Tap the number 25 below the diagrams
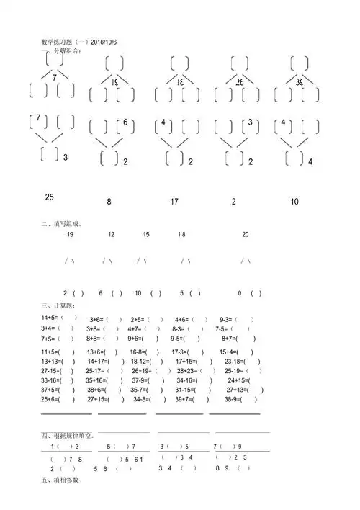[x=50, y=197]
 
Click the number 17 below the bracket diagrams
[x=174, y=202]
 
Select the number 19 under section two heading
[x=70, y=235]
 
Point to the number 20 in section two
[x=246, y=235]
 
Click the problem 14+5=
[x=50, y=318]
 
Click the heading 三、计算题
[x=58, y=306]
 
